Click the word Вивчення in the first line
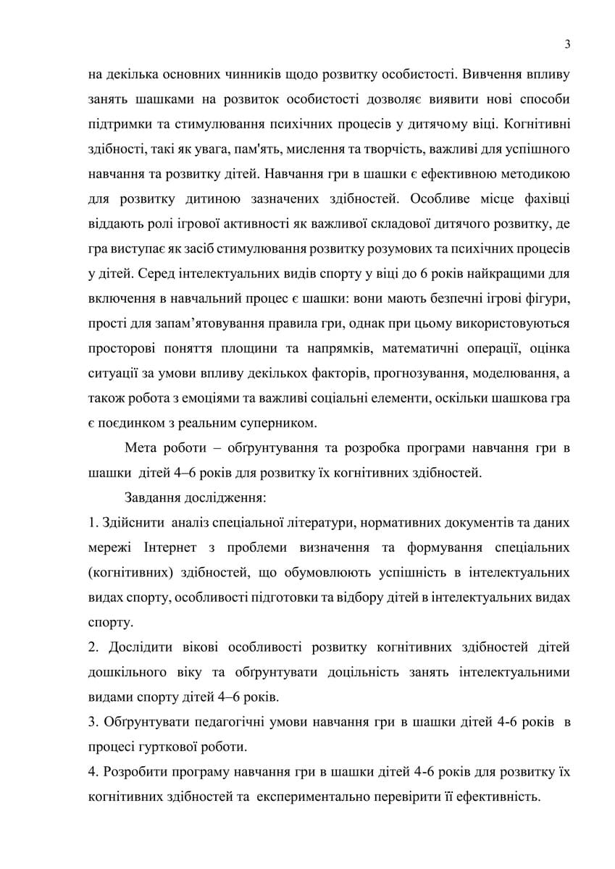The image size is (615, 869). (x=484, y=73)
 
